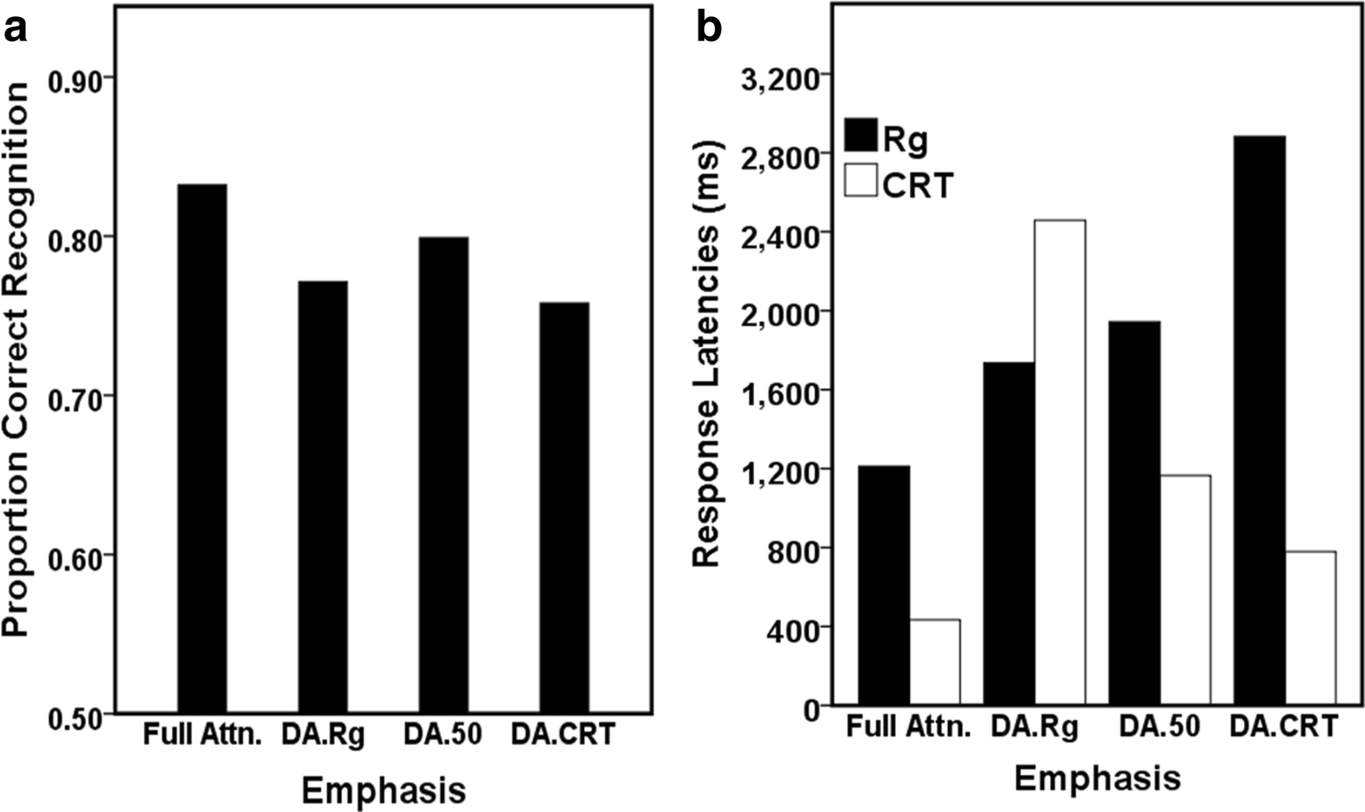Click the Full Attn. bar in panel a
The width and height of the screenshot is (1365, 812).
(202, 448)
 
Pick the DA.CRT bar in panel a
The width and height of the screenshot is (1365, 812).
(564, 508)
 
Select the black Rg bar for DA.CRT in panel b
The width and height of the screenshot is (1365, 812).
(1259, 420)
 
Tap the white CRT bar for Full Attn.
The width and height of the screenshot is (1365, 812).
(935, 662)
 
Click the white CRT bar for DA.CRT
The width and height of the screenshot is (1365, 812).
(1310, 628)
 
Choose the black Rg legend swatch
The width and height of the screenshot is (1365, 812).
(861, 135)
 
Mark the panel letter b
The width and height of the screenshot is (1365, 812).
(708, 29)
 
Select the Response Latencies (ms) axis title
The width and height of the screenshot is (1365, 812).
(708, 354)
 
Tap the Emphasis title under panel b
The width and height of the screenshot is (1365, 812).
(1096, 777)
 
